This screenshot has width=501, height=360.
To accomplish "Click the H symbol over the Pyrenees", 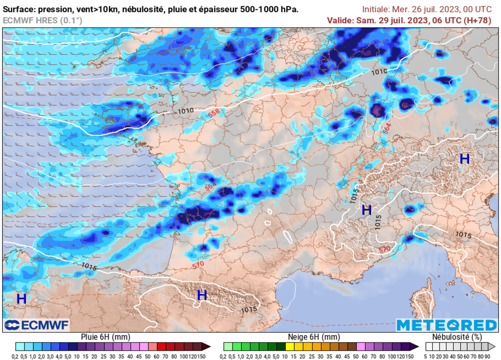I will click(202, 295).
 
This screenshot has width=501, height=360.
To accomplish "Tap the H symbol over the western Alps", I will click(366, 210).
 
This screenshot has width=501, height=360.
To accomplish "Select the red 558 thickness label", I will click(213, 113).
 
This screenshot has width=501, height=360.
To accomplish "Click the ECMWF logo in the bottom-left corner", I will click(37, 325).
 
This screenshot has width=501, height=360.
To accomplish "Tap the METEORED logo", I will click(446, 325).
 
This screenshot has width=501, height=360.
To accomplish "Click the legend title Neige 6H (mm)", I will click(315, 337).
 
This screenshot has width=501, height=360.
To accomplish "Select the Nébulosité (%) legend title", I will click(457, 337).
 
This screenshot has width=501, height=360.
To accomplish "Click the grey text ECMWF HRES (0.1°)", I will click(43, 20).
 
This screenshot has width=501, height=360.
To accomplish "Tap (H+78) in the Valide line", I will click(481, 20).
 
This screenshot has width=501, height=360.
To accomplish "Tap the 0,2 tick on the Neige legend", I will click(228, 355).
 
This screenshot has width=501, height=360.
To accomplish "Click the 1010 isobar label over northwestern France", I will click(185, 111).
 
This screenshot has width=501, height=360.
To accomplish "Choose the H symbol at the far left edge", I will click(21, 298).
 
